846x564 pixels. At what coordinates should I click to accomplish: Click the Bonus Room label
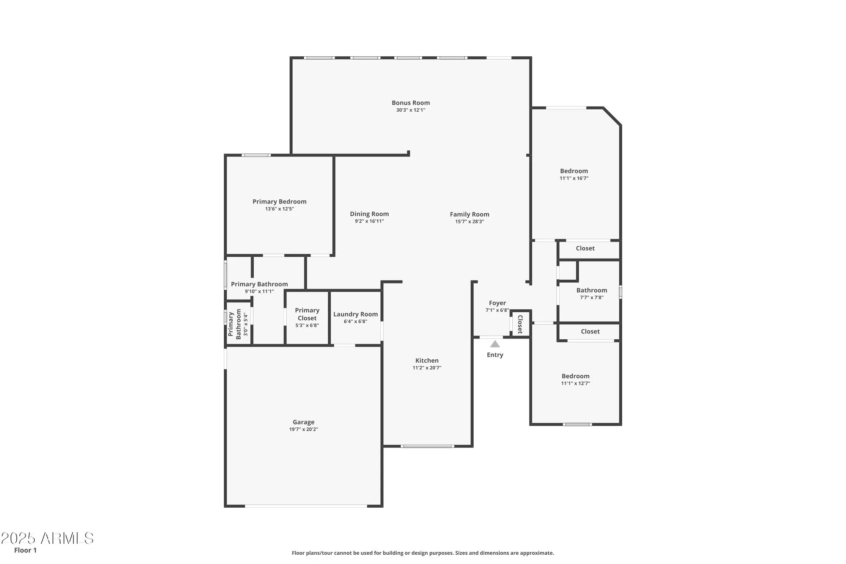click(410, 103)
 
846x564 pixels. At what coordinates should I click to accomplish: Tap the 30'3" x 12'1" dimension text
click(410, 110)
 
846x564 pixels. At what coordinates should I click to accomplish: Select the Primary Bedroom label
click(279, 202)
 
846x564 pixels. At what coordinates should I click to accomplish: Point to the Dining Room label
click(369, 214)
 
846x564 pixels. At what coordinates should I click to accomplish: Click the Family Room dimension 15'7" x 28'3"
click(469, 222)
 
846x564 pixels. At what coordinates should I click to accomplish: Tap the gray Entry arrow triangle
click(494, 344)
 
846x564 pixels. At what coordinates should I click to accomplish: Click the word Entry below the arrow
click(494, 355)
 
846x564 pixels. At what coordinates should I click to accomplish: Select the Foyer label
click(497, 303)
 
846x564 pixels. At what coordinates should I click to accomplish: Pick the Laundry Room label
click(355, 314)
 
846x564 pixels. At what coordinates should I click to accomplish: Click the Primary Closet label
click(307, 314)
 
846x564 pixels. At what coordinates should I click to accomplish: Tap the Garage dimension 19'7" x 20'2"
click(303, 429)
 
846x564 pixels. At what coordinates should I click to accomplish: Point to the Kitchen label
click(426, 361)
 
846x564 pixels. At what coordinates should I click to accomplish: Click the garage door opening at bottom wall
click(305, 506)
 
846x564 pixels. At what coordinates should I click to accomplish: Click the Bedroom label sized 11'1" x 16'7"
click(574, 171)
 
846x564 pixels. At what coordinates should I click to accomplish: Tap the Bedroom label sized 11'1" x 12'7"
click(575, 376)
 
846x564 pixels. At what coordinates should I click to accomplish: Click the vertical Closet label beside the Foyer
click(520, 325)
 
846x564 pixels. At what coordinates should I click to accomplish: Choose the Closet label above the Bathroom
click(585, 248)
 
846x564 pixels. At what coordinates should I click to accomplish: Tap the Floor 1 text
click(25, 550)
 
